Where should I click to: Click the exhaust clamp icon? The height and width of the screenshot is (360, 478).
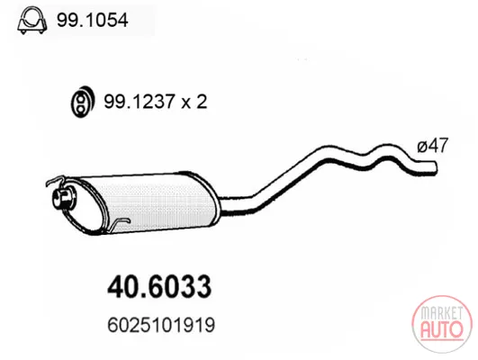tap(32, 21)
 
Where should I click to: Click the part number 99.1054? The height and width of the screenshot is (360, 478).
tap(93, 21)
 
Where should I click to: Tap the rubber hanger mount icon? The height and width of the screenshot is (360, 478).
tap(81, 102)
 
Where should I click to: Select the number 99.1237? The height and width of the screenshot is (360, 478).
tap(140, 102)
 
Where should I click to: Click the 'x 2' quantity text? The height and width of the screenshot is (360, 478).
tap(194, 102)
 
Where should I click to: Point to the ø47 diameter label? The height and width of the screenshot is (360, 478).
tap(433, 145)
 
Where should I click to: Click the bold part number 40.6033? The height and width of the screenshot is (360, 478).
tap(159, 287)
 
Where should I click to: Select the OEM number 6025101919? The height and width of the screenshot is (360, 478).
tap(161, 325)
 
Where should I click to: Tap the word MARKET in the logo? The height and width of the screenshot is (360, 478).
tap(442, 313)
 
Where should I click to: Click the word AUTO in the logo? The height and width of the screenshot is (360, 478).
tap(442, 329)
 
